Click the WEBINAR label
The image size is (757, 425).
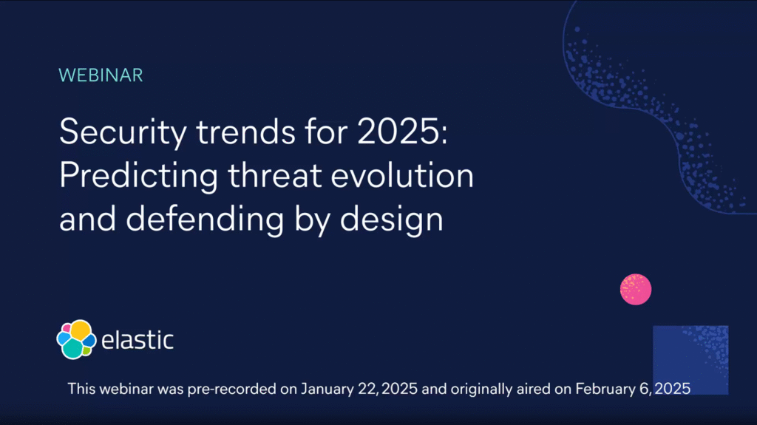point(101,75)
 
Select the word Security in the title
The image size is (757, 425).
point(123,132)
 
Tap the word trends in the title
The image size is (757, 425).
point(245,132)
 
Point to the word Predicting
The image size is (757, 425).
point(138,176)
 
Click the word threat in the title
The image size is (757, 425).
point(275,175)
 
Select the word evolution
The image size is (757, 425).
point(402,175)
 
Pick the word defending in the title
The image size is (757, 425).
point(205,220)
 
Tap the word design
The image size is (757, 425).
point(392,220)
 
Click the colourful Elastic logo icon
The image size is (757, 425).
point(76,339)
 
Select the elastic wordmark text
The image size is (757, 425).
point(137,339)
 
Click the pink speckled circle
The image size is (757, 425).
point(636,289)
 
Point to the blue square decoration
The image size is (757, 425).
point(691,360)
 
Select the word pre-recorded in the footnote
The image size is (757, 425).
point(231,390)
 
